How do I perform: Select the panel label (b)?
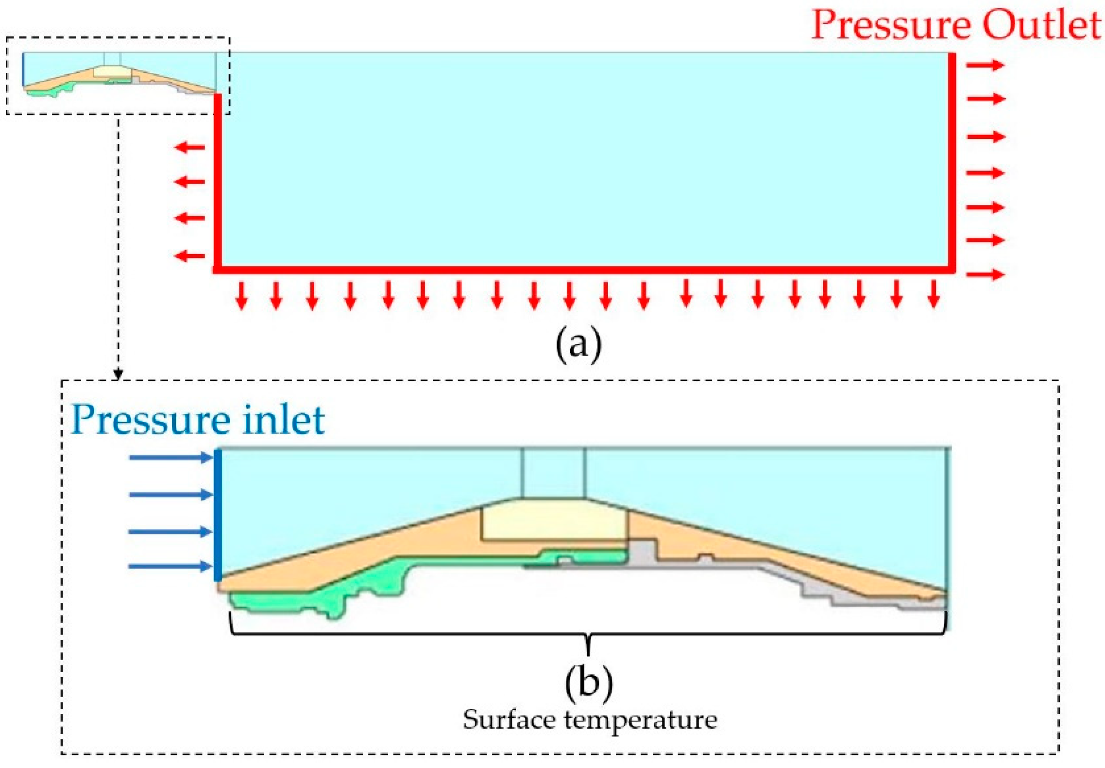(x=588, y=682)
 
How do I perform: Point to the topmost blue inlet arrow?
(x=170, y=457)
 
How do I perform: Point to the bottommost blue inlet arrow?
(x=170, y=566)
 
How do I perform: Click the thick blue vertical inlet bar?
(x=218, y=515)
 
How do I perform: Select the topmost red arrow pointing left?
(x=190, y=147)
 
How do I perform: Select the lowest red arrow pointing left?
(x=190, y=256)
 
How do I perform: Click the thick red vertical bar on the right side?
(x=952, y=160)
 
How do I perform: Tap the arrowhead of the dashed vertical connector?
(x=118, y=374)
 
